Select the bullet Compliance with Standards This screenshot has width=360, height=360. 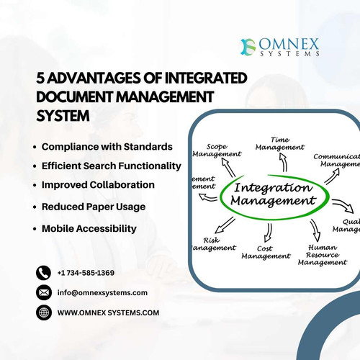pyautogui.click(x=107, y=146)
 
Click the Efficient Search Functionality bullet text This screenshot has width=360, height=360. pyautogui.click(x=111, y=166)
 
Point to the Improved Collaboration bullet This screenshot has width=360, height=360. pyautogui.click(x=98, y=185)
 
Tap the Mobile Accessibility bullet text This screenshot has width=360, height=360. pyautogui.click(x=89, y=228)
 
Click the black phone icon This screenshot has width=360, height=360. pyautogui.click(x=44, y=273)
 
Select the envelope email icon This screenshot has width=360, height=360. pyautogui.click(x=44, y=292)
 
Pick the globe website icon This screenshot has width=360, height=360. pyautogui.click(x=44, y=312)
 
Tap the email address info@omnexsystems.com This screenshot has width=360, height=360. pyautogui.click(x=102, y=292)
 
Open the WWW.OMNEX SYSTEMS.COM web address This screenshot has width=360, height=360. pyautogui.click(x=108, y=312)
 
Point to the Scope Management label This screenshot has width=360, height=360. pyautogui.click(x=217, y=150)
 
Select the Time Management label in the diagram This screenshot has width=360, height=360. pyautogui.click(x=279, y=143)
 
